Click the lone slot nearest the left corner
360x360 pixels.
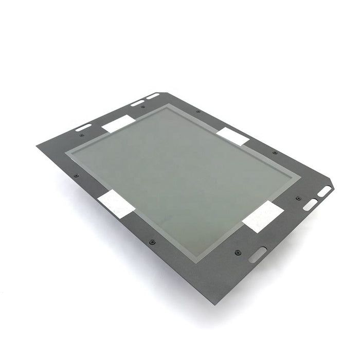(84, 127)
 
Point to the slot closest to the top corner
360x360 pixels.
(152, 96)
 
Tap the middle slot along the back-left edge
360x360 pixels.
(137, 103)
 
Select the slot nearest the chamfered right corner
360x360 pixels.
(325, 191)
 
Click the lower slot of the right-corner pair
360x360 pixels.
(310, 204)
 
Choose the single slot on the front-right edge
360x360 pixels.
(258, 255)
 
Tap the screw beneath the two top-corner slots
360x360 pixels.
(143, 107)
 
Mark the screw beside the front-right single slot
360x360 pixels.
(237, 253)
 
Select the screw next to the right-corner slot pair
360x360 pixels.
(298, 199)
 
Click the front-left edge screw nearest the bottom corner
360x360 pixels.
(151, 242)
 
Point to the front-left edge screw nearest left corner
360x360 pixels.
(76, 175)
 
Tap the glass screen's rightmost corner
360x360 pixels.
(300, 177)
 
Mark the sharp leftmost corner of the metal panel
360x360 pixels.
(37, 146)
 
